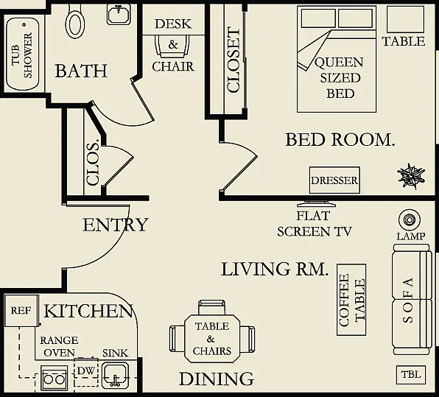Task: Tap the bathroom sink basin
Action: point(119,15)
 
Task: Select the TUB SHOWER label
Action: point(22,55)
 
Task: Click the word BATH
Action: point(81,71)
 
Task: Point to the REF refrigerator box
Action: point(21,311)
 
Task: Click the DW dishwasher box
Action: point(86,371)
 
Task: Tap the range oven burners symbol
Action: point(55,379)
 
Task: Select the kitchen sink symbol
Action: point(115,375)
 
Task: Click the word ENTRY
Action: point(116,225)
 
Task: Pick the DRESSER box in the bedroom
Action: point(334,180)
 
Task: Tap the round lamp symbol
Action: point(410,219)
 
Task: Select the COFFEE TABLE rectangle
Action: point(351,300)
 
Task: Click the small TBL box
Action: point(411,375)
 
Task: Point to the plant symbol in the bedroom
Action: point(411,176)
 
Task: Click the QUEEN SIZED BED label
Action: point(340,78)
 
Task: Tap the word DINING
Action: point(217,379)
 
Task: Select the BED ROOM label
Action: point(340,140)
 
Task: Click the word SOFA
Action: point(407,300)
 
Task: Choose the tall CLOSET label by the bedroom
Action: point(233,60)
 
